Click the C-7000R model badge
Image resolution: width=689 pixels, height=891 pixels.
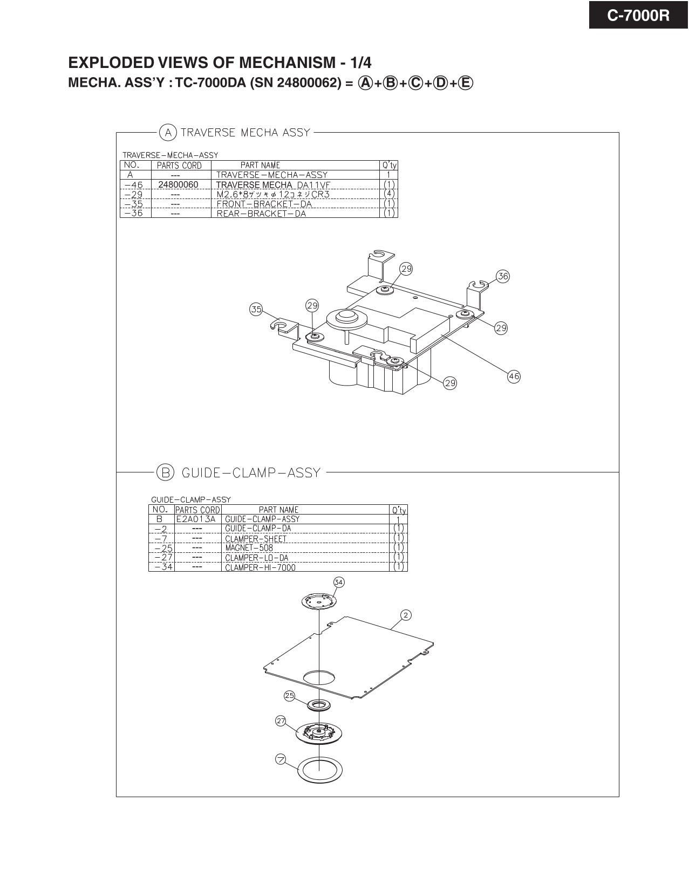click(638, 15)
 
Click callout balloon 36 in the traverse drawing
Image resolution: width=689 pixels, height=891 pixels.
click(502, 276)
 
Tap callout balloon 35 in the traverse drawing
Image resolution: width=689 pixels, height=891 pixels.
click(256, 309)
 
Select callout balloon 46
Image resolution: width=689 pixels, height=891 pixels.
click(514, 376)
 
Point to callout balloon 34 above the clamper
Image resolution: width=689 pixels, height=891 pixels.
click(338, 582)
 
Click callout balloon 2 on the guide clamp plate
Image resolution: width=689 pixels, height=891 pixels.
click(406, 615)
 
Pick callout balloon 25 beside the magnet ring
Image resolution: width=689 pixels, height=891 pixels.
click(290, 696)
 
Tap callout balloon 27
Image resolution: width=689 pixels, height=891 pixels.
click(281, 721)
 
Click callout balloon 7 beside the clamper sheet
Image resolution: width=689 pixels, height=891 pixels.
click(281, 759)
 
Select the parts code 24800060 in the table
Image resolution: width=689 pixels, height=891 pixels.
click(178, 184)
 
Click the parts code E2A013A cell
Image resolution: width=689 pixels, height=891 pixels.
click(196, 519)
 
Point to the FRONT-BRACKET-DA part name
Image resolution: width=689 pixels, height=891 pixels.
click(264, 204)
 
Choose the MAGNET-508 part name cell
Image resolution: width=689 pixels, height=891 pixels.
click(249, 548)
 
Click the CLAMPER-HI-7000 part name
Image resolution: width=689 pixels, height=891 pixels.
click(260, 567)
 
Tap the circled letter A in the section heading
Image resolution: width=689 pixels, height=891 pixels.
click(168, 132)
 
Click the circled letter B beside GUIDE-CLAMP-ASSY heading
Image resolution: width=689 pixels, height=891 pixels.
click(165, 472)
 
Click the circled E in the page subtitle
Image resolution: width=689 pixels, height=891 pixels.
click(466, 83)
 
